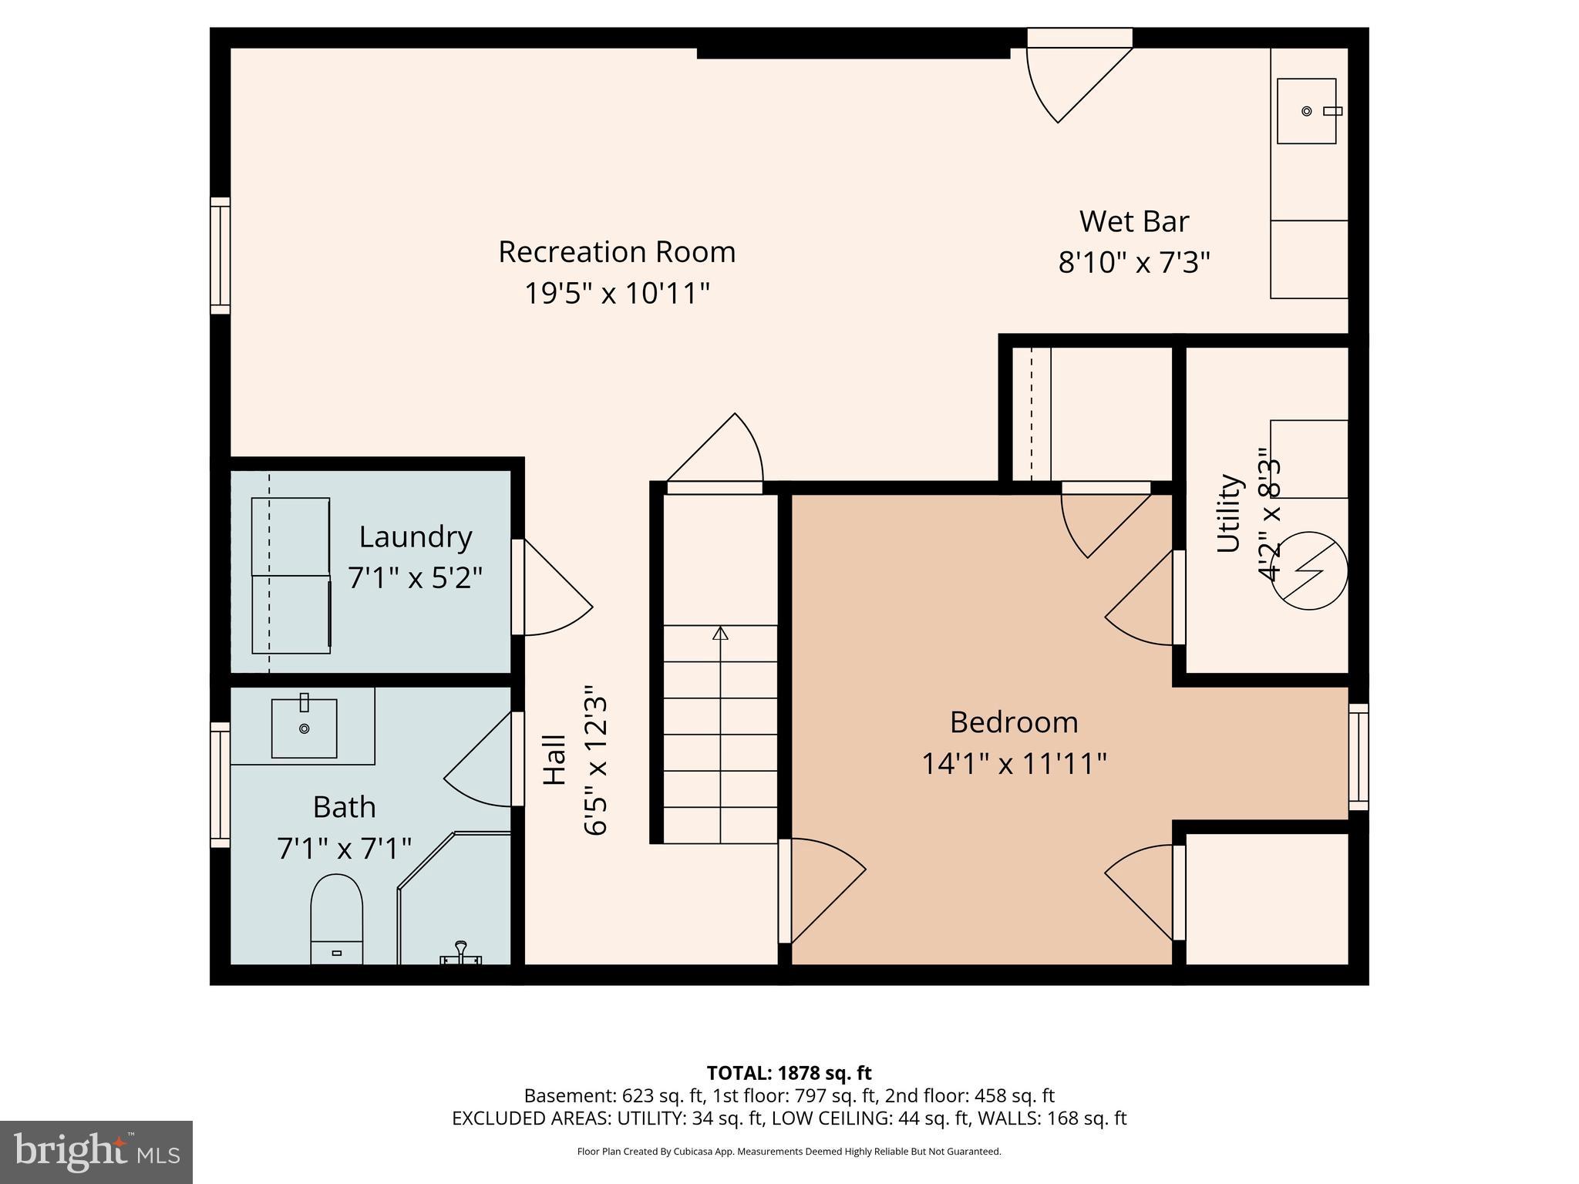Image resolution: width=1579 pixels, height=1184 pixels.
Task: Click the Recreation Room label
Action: (617, 252)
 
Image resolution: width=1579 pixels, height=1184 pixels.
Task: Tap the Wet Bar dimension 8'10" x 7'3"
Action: (1134, 263)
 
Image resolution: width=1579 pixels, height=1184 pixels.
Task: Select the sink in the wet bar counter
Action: (1307, 111)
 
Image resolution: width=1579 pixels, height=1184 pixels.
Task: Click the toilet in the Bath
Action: (337, 918)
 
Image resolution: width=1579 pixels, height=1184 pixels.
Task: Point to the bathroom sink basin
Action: (304, 728)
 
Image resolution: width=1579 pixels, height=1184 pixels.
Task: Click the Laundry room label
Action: (416, 536)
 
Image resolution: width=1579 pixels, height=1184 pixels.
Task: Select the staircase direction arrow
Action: (720, 634)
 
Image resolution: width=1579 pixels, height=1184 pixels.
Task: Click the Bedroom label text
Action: (1014, 722)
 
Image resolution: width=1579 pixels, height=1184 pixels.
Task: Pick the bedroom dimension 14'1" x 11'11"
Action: (1014, 764)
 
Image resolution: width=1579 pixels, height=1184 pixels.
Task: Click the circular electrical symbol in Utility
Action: (1308, 571)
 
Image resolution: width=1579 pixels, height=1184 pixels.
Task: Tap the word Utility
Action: (1228, 513)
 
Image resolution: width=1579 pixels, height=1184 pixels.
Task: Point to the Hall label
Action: (554, 760)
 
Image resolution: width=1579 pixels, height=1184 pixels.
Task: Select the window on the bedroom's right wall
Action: (1358, 757)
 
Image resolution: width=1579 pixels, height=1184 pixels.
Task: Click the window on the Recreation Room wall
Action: (221, 255)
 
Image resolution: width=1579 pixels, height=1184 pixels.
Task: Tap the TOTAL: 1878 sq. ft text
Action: (789, 1072)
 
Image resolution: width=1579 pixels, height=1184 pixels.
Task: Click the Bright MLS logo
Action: (96, 1152)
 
